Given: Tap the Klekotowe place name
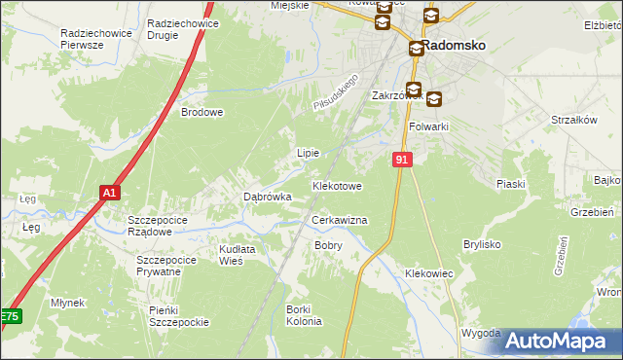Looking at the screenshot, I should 337,185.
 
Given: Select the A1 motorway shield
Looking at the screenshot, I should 110,194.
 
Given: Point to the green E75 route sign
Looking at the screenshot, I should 9,317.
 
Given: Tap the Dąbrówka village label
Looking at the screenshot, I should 267,197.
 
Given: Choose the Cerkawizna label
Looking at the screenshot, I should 339,221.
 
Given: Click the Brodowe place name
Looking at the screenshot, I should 202,112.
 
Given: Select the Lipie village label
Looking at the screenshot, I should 308,154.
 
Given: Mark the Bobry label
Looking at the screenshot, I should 328,246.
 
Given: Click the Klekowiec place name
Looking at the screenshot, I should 429,274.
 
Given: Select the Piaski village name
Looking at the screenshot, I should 510,184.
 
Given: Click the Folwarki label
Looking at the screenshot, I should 428,126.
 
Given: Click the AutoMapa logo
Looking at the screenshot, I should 557,341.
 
